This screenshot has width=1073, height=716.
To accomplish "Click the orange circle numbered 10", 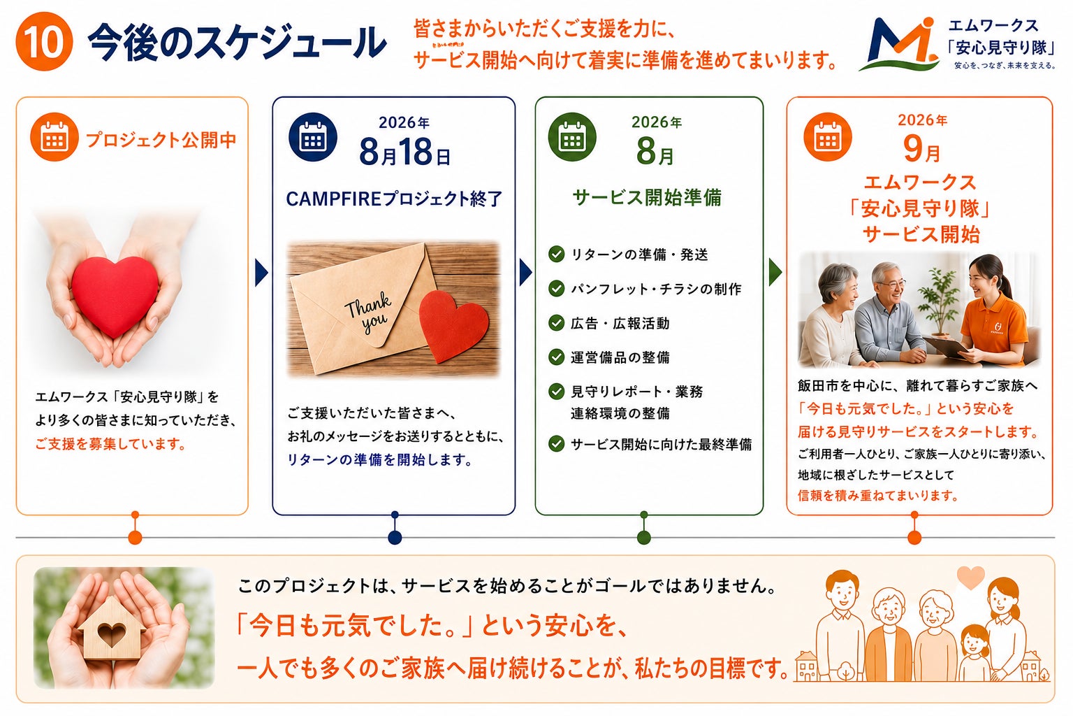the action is (45, 42).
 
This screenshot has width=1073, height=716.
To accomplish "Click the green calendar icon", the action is (572, 137).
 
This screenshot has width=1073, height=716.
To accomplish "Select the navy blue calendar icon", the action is (313, 137).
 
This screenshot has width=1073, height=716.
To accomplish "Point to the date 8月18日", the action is (404, 152).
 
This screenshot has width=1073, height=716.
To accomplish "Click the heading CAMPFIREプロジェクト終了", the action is (394, 199).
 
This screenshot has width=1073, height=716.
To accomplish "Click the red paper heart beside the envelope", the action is (453, 325).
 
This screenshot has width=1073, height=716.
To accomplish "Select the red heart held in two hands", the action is (115, 295).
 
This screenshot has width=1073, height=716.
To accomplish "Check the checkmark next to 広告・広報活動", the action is (556, 323).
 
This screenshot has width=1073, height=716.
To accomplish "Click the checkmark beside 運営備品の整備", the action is (556, 357).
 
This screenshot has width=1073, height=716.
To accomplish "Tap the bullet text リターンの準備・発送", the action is (639, 255).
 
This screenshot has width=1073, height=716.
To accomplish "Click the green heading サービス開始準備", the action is (647, 197).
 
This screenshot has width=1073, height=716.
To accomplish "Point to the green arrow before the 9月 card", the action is (775, 273).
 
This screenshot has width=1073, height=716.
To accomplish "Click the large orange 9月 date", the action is (921, 149).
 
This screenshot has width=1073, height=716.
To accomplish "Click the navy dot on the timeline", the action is (395, 538).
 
